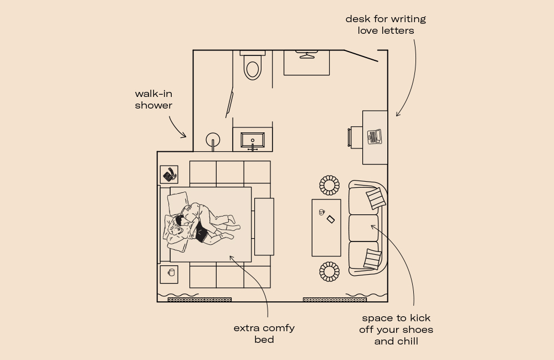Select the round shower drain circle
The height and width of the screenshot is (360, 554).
[x=213, y=140]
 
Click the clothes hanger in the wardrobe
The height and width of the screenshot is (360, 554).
[x=306, y=54]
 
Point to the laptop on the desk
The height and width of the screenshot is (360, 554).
[x=375, y=136]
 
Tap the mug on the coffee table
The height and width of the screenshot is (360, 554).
[x=321, y=212]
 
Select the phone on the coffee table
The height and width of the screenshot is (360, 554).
[x=331, y=219]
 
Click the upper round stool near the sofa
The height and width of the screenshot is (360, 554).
[x=329, y=185]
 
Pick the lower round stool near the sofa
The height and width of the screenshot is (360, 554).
[x=329, y=271]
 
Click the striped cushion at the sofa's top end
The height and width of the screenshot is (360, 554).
[x=376, y=198]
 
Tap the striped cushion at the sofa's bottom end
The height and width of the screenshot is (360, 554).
[x=373, y=259]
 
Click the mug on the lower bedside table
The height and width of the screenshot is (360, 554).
[x=171, y=272]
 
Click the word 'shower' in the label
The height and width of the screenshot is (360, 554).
[x=153, y=105]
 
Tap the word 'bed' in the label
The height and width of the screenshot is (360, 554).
[x=264, y=340]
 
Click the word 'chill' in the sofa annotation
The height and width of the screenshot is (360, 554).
[x=406, y=341]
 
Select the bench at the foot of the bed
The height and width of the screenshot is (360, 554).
[x=264, y=226]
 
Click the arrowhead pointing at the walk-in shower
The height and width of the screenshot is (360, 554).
[x=184, y=136]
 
